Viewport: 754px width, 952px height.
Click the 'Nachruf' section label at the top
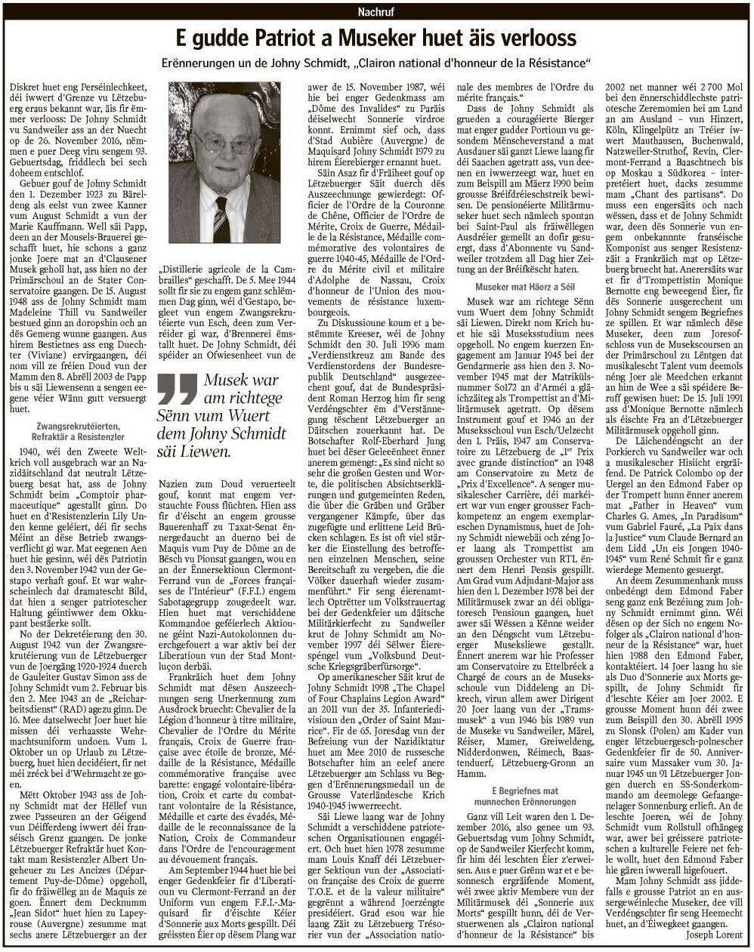(376, 11)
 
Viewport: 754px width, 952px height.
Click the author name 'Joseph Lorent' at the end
(714, 933)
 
